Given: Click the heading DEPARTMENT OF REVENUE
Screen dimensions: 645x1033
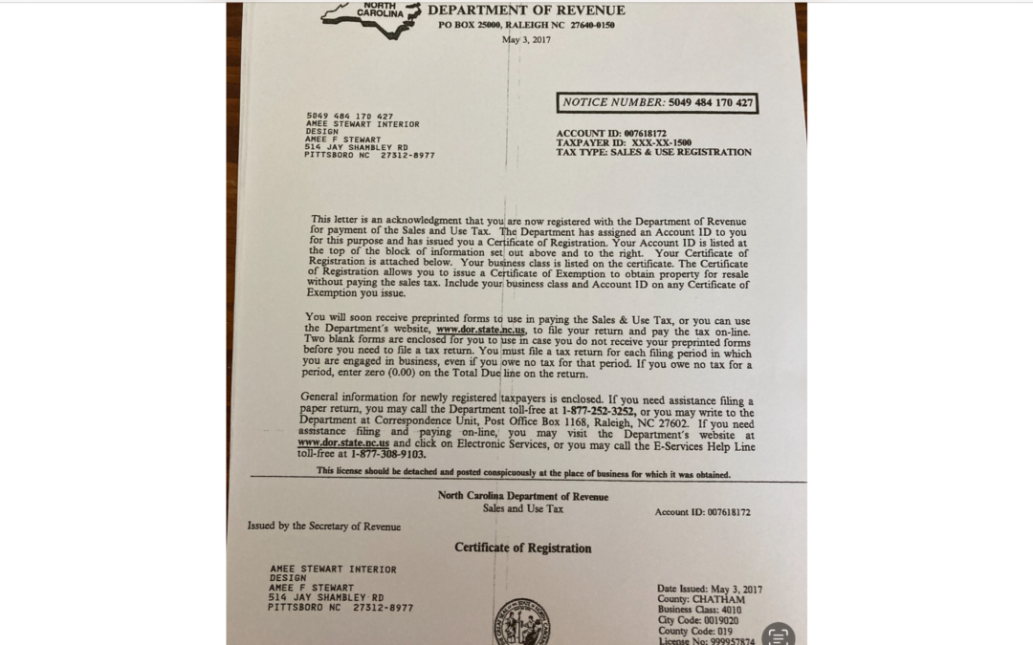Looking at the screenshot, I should pos(526,11).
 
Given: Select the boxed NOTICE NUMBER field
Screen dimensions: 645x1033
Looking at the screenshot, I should pos(657,102).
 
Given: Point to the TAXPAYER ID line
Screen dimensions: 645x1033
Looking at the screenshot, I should pos(624,142).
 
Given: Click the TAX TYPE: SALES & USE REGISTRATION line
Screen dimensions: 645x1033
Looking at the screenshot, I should pos(653,152).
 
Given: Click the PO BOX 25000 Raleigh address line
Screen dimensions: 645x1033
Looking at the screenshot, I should pos(526,25).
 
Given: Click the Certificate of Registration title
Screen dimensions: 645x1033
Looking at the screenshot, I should pos(522,548).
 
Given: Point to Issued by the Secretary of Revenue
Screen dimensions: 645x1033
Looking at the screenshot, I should pos(324,526).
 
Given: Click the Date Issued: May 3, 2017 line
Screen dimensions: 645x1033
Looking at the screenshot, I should pos(710,590).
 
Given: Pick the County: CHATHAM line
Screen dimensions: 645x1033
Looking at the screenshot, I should pos(701,600).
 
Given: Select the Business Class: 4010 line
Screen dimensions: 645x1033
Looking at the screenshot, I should pos(699,610).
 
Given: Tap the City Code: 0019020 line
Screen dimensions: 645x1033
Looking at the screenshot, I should pos(697,620).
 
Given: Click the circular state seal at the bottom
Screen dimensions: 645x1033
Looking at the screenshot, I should pos(521,623).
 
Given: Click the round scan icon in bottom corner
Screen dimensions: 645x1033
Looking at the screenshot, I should pos(779,634).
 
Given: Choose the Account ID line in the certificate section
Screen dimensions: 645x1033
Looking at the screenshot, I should pos(702,512).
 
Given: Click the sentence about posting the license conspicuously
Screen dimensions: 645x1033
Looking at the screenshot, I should pos(523,474).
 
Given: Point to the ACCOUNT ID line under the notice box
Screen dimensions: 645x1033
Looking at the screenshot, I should pos(611,133).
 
